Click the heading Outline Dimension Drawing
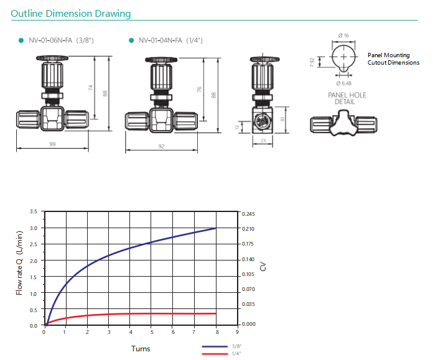(71, 14)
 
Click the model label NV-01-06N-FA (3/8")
(62, 40)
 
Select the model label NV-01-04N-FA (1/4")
(170, 40)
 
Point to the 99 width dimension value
(52, 144)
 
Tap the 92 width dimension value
(162, 146)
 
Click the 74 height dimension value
(91, 88)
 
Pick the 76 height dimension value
(199, 89)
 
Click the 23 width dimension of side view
(263, 141)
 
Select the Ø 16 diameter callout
(343, 35)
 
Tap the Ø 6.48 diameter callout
(344, 83)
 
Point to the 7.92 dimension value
(312, 62)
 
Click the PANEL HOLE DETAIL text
(347, 99)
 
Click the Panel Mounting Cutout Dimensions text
(393, 59)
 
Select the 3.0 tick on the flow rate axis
(34, 228)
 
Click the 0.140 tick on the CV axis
(248, 259)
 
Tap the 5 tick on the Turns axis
(152, 332)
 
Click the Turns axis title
(141, 349)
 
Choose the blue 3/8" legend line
(215, 346)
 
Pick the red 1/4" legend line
(215, 354)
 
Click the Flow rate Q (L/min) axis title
(19, 263)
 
